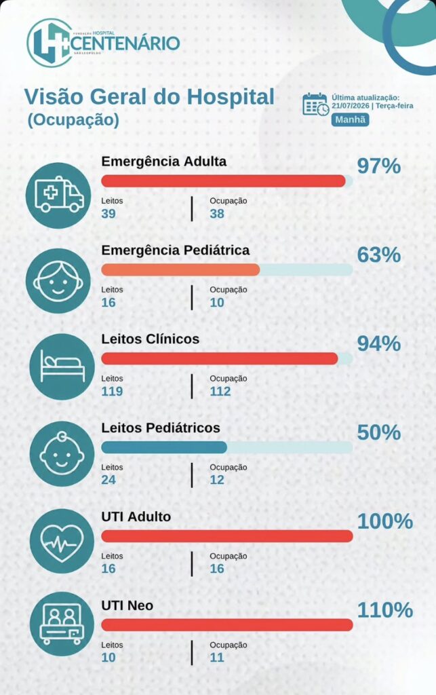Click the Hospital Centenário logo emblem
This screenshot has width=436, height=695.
click(49, 43)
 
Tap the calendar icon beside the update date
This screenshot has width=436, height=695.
click(315, 105)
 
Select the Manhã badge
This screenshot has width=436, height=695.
click(350, 119)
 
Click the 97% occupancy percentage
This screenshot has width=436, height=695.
click(379, 166)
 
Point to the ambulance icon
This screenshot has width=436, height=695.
click(58, 195)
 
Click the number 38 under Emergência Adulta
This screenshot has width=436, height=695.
click(217, 214)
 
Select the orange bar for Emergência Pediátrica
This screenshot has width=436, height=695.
click(180, 270)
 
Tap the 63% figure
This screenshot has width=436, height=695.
click(379, 255)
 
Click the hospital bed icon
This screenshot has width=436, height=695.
click(62, 367)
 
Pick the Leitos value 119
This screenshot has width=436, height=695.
click(112, 392)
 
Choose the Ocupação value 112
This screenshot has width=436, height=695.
click(220, 392)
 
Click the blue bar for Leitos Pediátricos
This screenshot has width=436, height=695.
click(164, 447)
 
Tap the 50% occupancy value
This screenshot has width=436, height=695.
click(379, 432)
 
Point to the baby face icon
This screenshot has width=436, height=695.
click(62, 454)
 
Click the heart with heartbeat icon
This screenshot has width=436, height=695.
click(62, 542)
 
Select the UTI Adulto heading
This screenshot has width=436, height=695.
click(136, 516)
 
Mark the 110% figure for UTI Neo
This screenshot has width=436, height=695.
click(385, 610)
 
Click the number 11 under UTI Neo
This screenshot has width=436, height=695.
click(217, 657)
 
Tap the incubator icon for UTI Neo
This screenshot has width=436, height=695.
click(62, 624)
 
